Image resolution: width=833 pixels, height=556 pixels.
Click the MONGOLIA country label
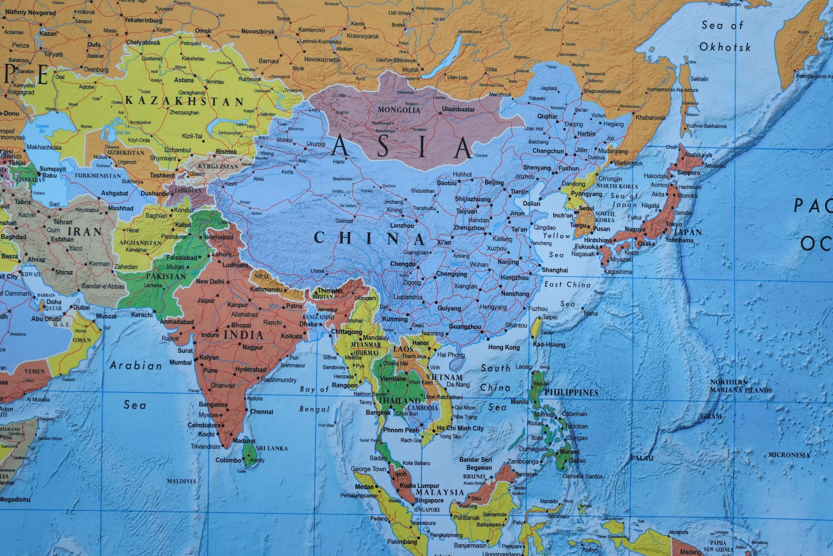tap(399, 110)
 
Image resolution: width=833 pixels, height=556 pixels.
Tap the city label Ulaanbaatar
tap(458, 109)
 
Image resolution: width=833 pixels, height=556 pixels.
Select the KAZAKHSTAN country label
tap(184, 101)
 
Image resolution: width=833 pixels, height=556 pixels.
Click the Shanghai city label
tap(555, 270)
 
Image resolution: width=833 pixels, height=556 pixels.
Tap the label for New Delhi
tap(210, 282)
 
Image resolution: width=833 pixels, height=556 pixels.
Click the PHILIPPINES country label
tap(571, 393)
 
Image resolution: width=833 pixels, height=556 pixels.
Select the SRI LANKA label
tap(272, 448)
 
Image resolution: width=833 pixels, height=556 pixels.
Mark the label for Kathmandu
tap(266, 290)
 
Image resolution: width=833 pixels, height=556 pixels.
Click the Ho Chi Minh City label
tap(460, 428)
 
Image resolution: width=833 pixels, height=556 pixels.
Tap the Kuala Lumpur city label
tap(419, 485)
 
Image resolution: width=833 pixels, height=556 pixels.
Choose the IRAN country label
tap(85, 232)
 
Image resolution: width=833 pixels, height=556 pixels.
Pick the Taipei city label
tap(550, 317)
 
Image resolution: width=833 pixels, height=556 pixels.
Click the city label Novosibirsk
tap(258, 32)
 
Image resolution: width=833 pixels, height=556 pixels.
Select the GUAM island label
tap(711, 416)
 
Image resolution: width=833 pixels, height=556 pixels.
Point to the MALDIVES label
tap(181, 481)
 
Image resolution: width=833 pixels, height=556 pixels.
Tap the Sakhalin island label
tap(699, 79)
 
